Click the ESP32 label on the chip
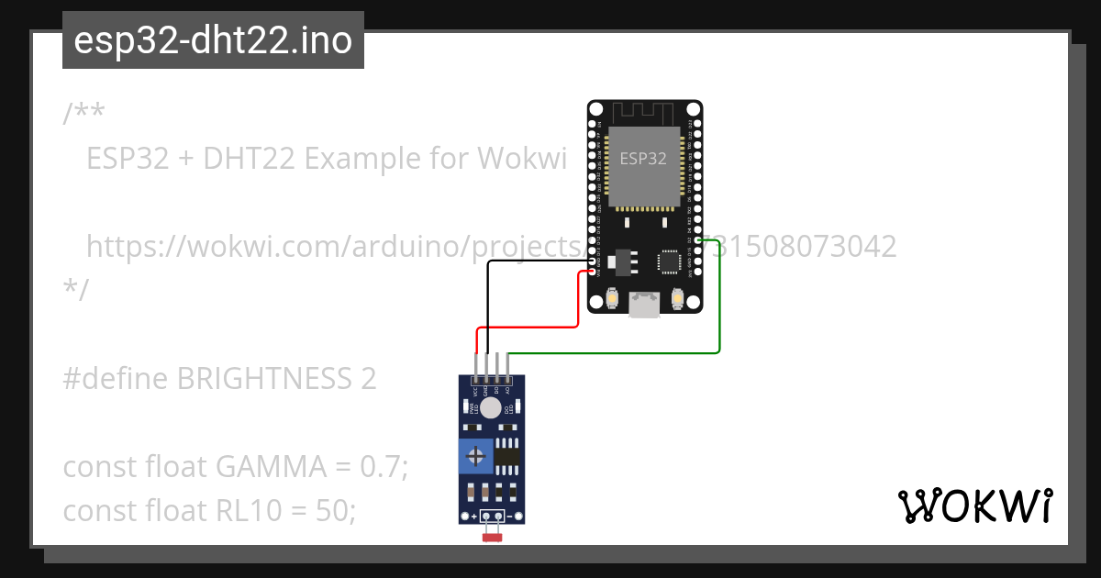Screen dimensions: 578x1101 (643, 158)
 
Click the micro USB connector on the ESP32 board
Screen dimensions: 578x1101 (644, 305)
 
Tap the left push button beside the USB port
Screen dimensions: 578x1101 (612, 299)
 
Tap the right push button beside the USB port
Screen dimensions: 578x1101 (677, 299)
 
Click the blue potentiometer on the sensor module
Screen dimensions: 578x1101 (476, 455)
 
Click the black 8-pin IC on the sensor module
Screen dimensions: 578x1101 (506, 455)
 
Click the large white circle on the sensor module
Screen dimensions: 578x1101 (492, 408)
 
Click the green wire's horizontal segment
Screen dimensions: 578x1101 (615, 352)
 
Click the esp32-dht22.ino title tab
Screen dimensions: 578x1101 (213, 41)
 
